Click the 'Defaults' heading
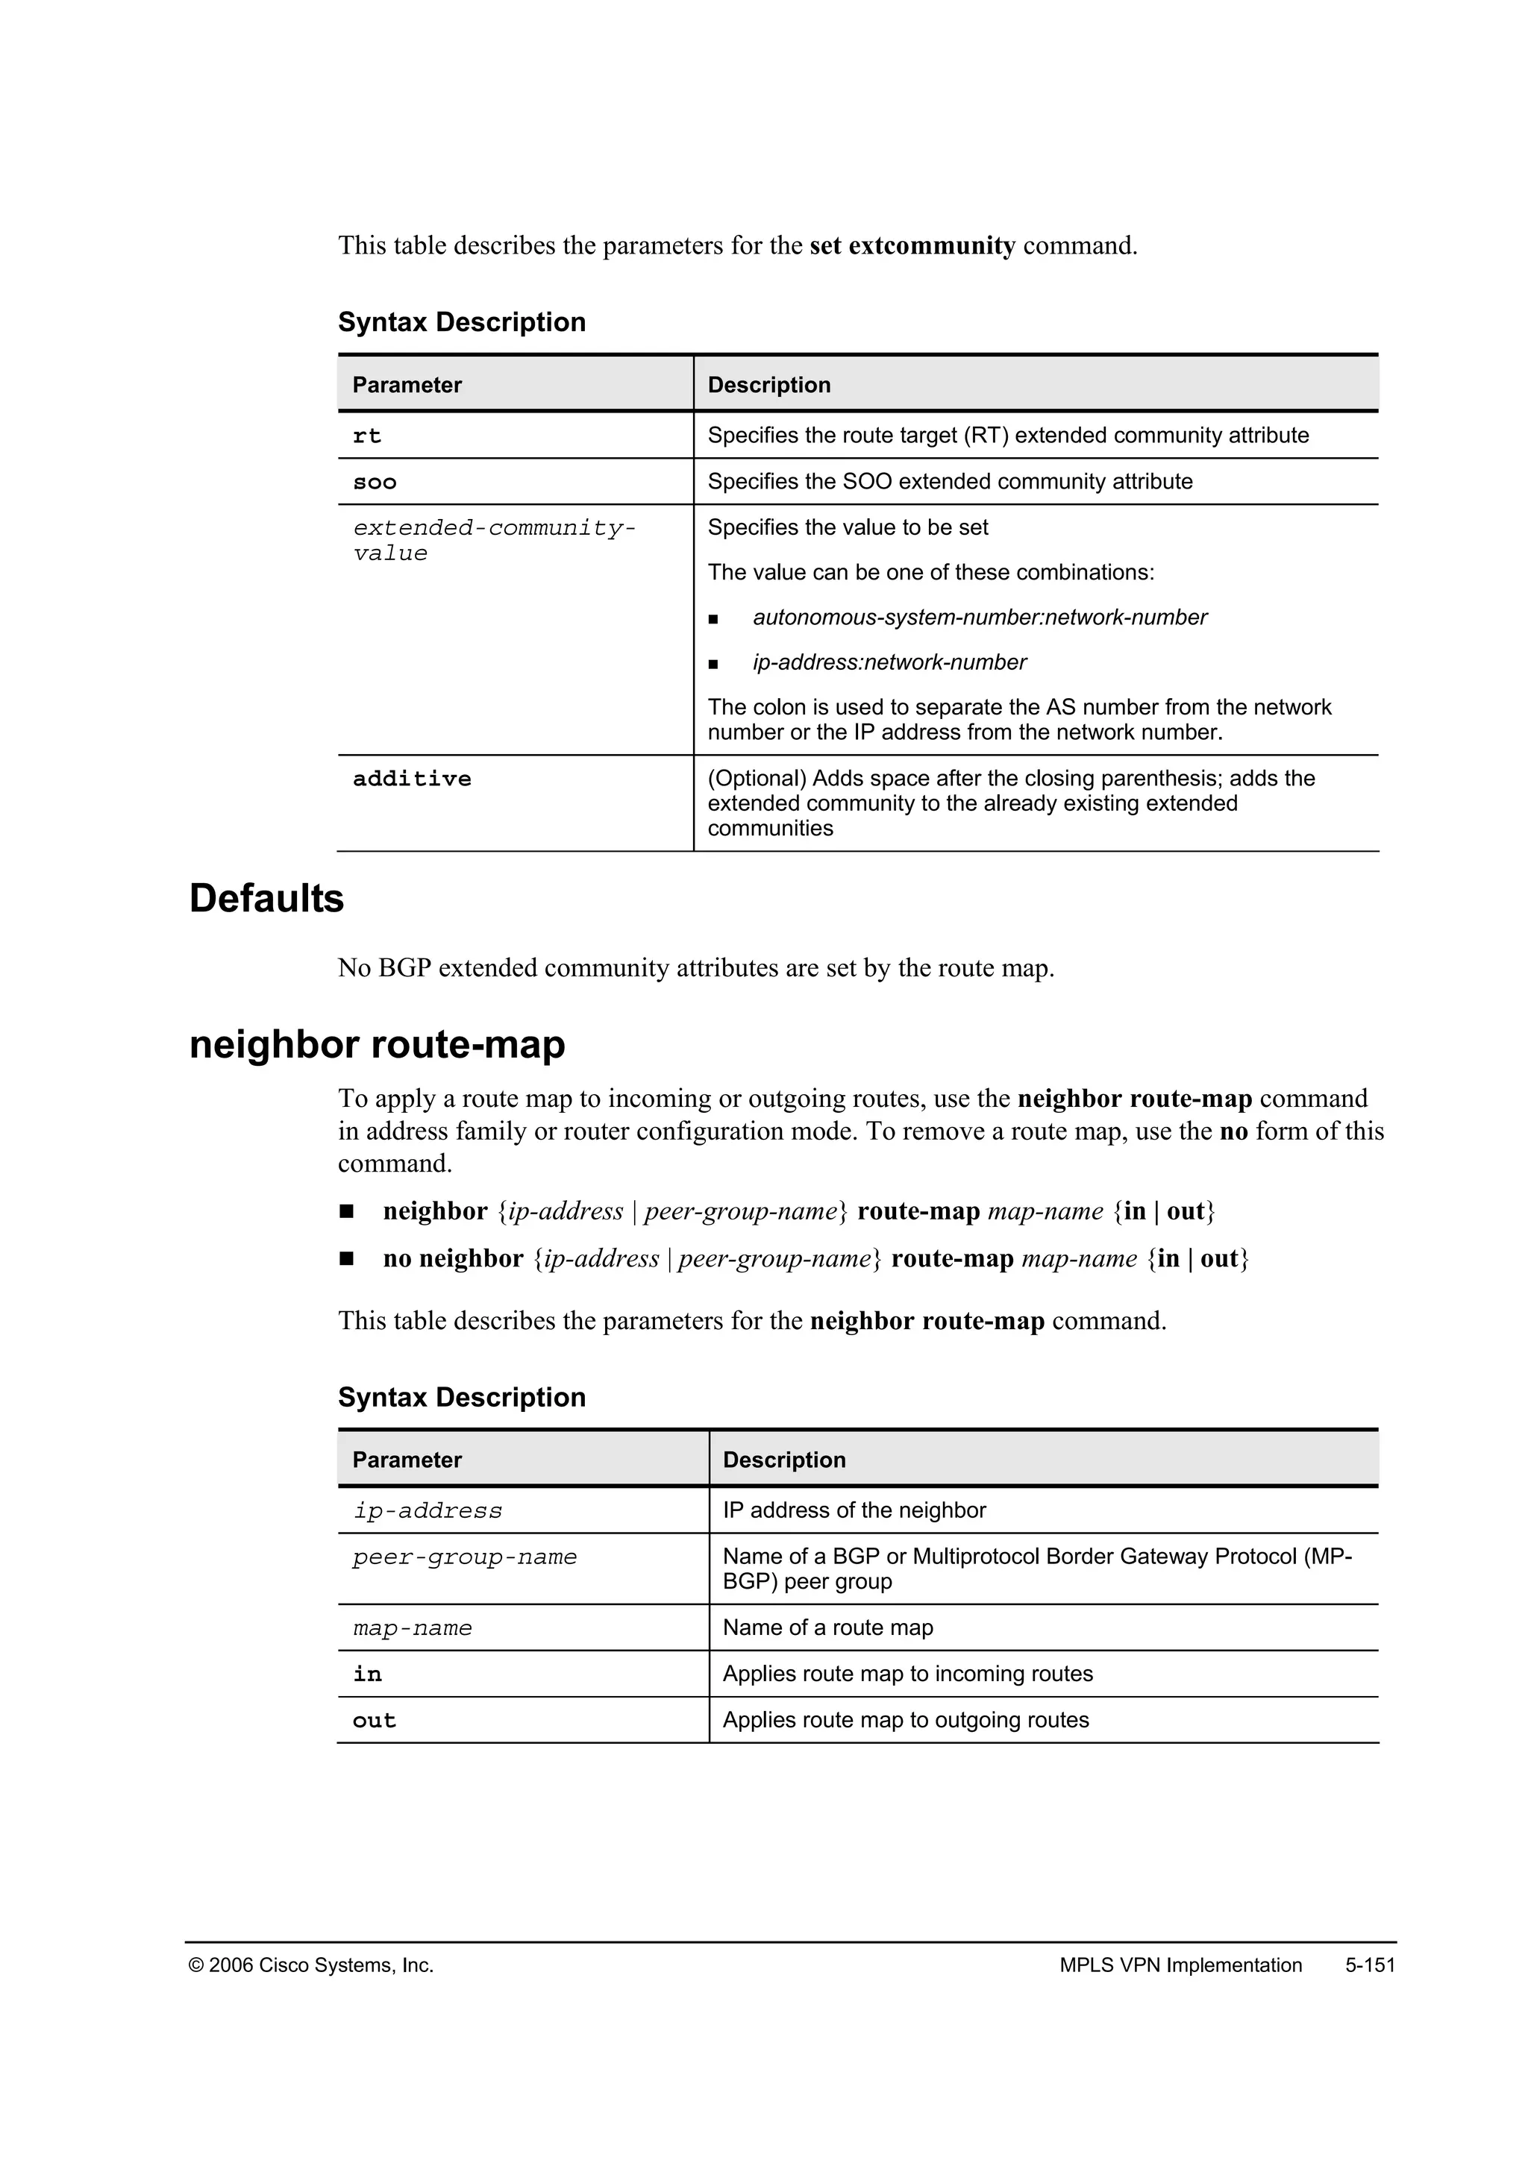(x=266, y=899)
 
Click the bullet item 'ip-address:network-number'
(x=889, y=662)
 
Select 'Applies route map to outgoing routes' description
(x=905, y=1720)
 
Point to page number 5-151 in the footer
(x=1370, y=1965)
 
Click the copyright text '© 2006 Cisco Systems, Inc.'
(x=311, y=1965)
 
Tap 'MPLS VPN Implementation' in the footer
(x=1180, y=1965)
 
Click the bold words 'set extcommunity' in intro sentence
(x=912, y=245)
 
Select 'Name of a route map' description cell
(x=827, y=1627)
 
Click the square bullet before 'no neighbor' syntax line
(x=346, y=1259)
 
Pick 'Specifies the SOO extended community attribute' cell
(x=949, y=482)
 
